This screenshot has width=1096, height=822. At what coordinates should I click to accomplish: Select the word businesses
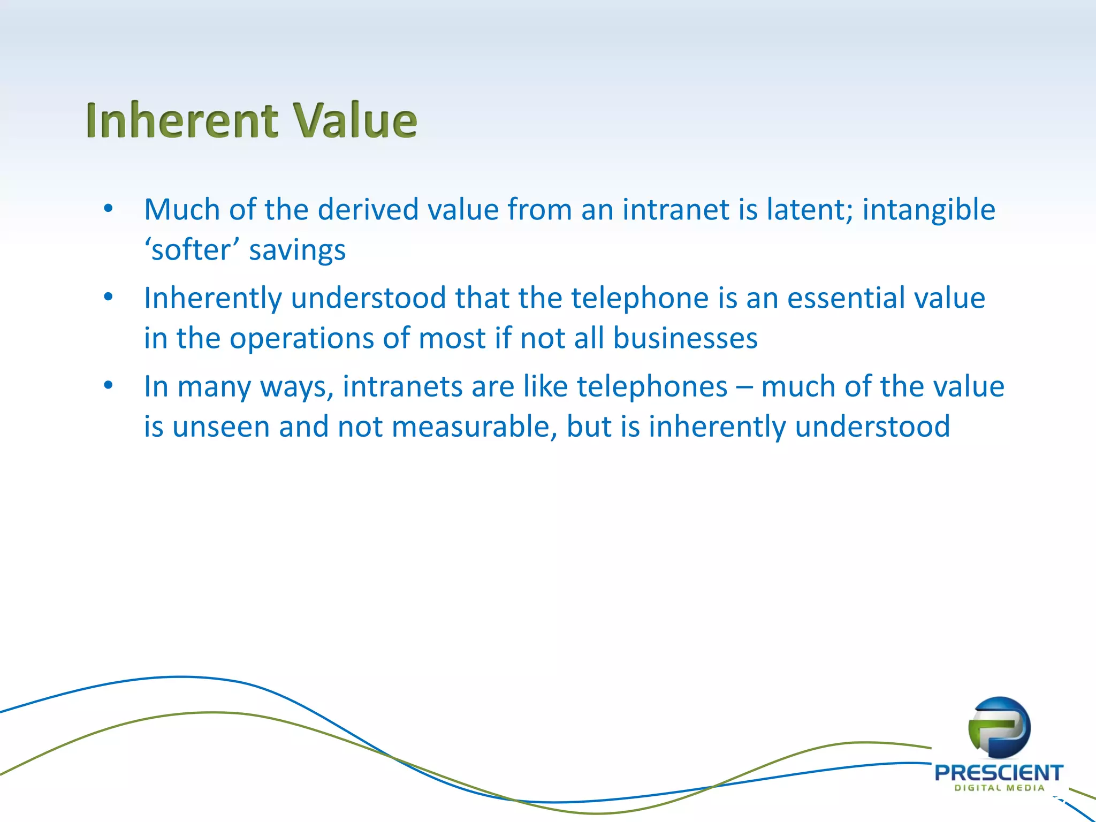(x=685, y=339)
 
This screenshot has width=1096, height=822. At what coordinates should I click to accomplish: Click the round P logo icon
(x=999, y=727)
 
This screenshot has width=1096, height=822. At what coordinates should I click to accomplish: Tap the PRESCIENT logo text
(x=999, y=773)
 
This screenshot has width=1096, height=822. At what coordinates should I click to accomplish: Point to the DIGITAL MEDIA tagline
(x=999, y=788)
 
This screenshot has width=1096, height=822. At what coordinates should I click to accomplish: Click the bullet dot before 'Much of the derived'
(x=109, y=209)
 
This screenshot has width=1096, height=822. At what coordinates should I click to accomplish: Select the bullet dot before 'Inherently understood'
(x=109, y=297)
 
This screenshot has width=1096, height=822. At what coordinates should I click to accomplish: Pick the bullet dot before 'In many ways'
(x=109, y=386)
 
